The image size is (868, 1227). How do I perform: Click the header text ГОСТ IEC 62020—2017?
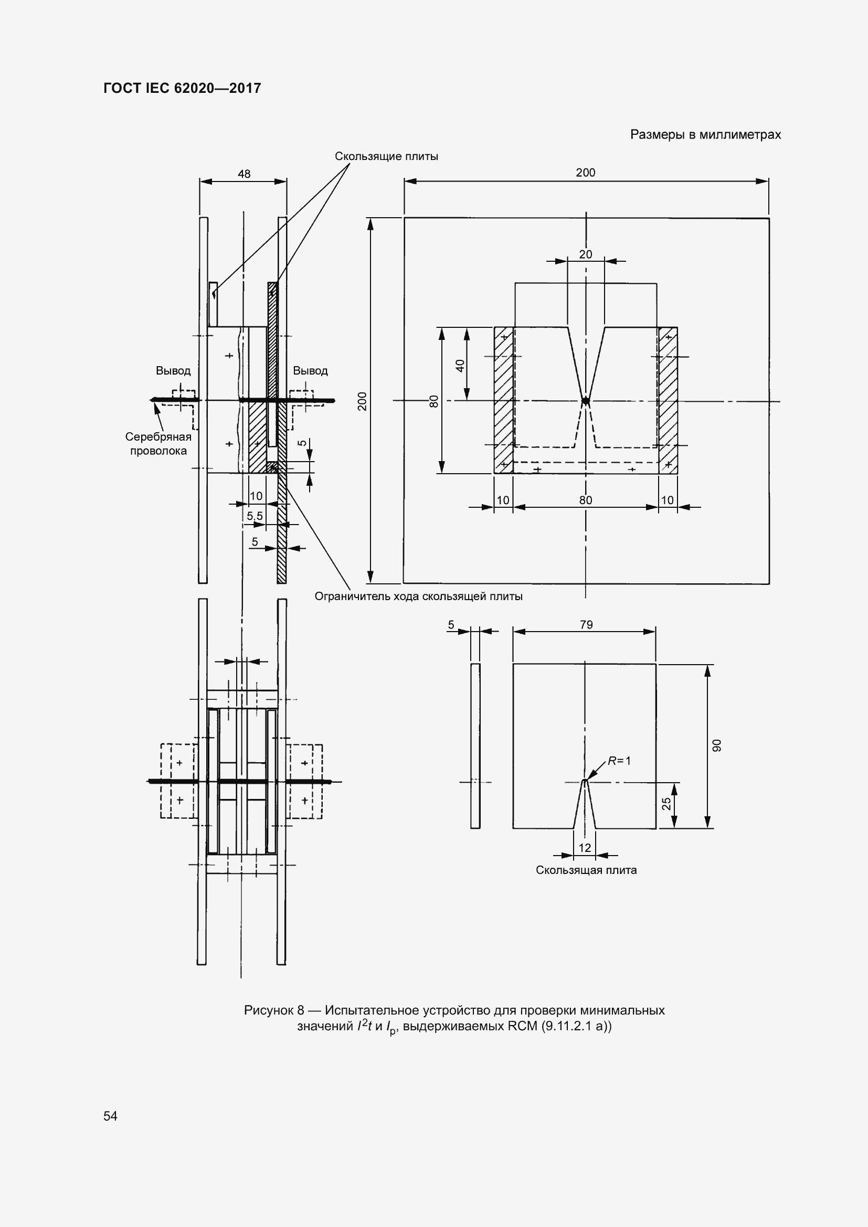pos(182,88)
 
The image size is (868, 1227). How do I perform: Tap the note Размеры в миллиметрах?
pos(705,135)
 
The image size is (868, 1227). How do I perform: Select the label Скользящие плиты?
pos(386,156)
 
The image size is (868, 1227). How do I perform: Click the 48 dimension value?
pos(244,174)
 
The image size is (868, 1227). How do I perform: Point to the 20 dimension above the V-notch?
pos(586,254)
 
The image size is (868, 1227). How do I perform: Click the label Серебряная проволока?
pos(158,444)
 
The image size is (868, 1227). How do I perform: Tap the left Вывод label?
pos(173,370)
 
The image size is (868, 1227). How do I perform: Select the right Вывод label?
pos(310,370)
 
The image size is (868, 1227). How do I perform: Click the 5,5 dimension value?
pos(255,516)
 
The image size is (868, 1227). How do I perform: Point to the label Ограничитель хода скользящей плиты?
pos(418,596)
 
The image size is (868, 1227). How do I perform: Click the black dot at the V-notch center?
pos(586,401)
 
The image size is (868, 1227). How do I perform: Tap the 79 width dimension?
pos(586,624)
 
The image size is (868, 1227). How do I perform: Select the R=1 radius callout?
pos(619,761)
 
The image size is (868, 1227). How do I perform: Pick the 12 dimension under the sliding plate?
pos(585,848)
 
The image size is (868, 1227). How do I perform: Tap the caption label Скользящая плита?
pos(586,870)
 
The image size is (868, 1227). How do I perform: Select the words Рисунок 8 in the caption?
pos(273,1010)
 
